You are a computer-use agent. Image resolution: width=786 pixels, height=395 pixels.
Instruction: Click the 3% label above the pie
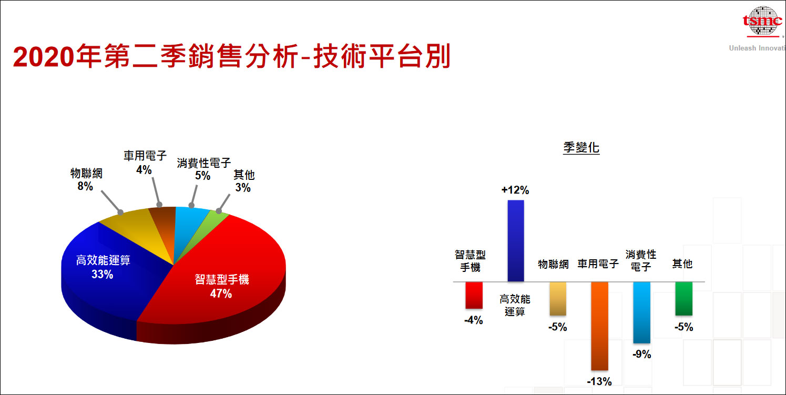tap(243, 188)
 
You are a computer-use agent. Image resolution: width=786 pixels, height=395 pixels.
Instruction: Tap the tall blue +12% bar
tap(515, 240)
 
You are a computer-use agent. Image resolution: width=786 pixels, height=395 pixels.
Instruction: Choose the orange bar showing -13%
tap(599, 326)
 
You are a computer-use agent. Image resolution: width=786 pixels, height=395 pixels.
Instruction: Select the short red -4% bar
tap(474, 295)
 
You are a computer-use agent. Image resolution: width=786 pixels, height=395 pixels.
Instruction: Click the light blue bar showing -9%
tap(641, 312)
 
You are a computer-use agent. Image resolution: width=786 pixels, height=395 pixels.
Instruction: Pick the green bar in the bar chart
tap(683, 298)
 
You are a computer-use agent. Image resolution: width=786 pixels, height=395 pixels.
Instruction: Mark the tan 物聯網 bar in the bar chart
tap(558, 298)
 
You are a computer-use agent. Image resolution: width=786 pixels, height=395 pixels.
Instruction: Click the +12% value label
tap(515, 190)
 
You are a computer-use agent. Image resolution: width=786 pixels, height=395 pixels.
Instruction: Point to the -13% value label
tap(599, 382)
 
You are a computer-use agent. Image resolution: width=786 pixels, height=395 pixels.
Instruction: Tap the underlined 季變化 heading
tap(581, 148)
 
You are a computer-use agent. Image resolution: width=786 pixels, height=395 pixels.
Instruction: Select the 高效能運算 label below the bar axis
tap(515, 305)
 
